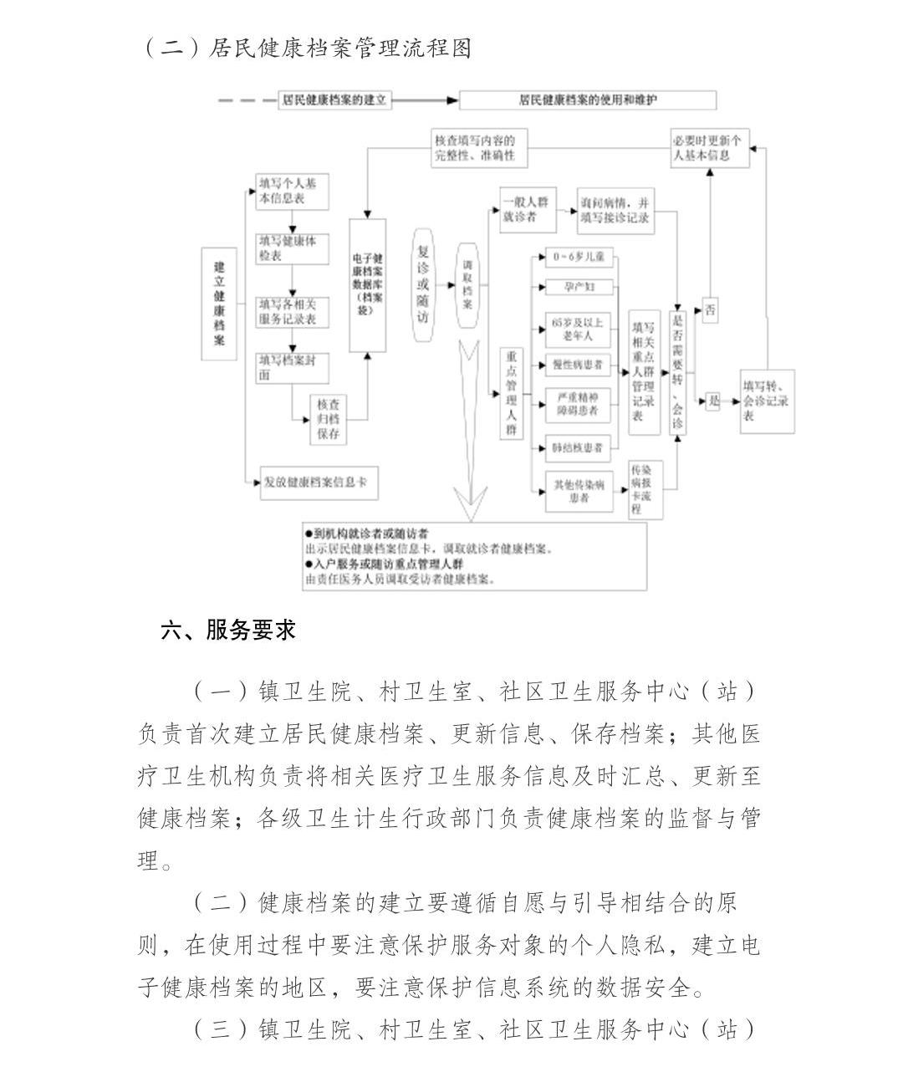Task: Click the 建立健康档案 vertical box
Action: click(219, 303)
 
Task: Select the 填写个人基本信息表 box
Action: click(292, 192)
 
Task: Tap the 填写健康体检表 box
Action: click(292, 248)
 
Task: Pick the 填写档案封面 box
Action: click(292, 368)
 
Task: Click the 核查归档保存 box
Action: click(328, 419)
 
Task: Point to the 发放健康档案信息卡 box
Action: click(319, 482)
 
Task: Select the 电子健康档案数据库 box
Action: click(367, 285)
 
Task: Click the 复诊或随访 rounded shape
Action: click(424, 283)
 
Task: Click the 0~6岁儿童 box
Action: click(579, 257)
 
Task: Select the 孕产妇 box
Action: click(579, 287)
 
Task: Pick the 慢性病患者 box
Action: click(579, 365)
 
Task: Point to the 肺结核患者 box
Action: click(579, 447)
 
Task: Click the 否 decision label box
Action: click(710, 310)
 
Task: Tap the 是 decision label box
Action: click(713, 401)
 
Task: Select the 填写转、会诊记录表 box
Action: click(767, 400)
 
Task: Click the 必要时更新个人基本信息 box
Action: click(710, 148)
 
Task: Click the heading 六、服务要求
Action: click(228, 630)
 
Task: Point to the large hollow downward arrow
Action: click(472, 435)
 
